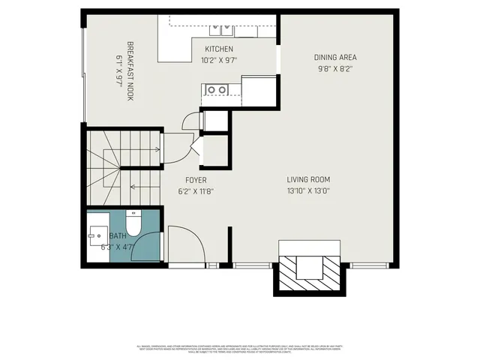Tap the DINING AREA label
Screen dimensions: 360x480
pyautogui.click(x=334, y=58)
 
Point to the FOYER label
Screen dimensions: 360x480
pyautogui.click(x=196, y=180)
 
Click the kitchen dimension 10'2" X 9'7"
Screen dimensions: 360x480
pyautogui.click(x=220, y=61)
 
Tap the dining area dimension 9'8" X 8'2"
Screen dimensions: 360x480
pyautogui.click(x=334, y=69)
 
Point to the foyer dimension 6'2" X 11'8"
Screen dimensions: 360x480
pyautogui.click(x=196, y=191)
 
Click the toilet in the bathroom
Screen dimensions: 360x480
pyautogui.click(x=133, y=223)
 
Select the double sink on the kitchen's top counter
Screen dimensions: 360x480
pyautogui.click(x=222, y=30)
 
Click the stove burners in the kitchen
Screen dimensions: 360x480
pyautogui.click(x=217, y=90)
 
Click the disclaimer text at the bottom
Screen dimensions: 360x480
pyautogui.click(x=240, y=349)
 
